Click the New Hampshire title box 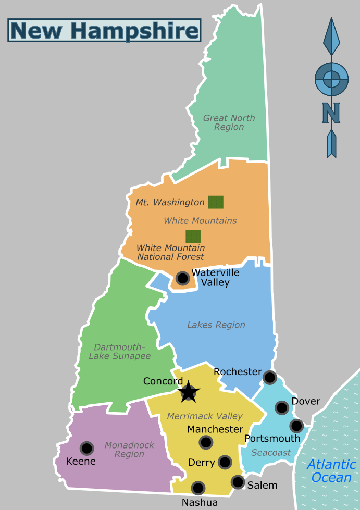tap(104, 30)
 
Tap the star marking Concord tap(188, 392)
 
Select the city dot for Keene tap(86, 448)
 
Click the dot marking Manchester tap(206, 442)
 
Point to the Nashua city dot tap(198, 488)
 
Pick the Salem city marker tap(238, 482)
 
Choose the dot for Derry tap(225, 462)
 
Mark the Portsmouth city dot tap(296, 426)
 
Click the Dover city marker tap(282, 407)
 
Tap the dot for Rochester tap(269, 377)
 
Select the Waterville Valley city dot tap(182, 278)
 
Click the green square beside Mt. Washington tap(216, 202)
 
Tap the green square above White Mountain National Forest tap(193, 237)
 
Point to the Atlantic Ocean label tap(331, 470)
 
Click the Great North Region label tap(229, 122)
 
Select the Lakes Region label tap(216, 325)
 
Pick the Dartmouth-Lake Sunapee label tap(120, 352)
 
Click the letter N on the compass tap(331, 112)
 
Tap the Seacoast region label tap(271, 453)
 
